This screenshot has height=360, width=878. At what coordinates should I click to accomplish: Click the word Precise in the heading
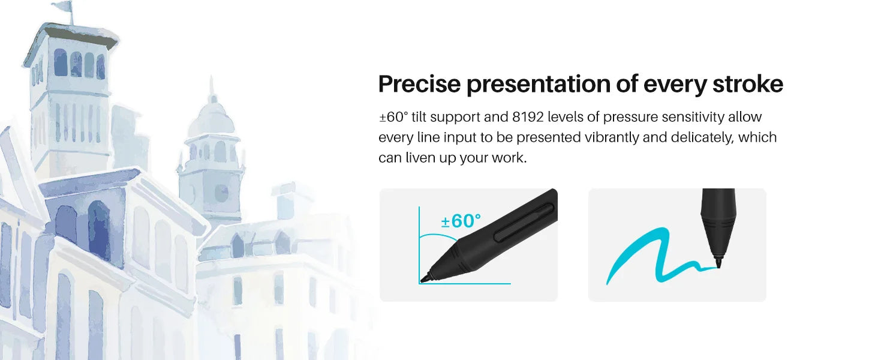click(x=419, y=85)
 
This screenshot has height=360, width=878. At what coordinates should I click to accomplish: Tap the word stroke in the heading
click(x=748, y=85)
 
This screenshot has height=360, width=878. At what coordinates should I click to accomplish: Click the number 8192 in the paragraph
click(x=528, y=117)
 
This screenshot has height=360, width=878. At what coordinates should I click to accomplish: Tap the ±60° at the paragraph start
click(x=393, y=117)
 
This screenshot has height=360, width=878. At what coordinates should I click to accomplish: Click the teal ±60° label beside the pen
click(x=461, y=221)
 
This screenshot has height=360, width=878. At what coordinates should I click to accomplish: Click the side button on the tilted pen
click(x=524, y=222)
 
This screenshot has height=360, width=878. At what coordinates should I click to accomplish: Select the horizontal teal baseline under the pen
click(x=465, y=283)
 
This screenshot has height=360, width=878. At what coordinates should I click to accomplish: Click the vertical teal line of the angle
click(x=419, y=245)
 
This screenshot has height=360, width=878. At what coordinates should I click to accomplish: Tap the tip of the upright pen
click(x=719, y=267)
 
